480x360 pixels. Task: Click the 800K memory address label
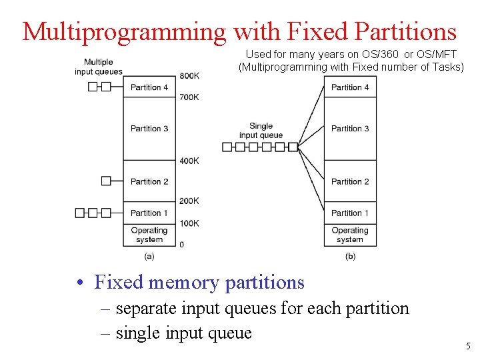(189, 75)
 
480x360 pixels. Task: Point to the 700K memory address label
(189, 97)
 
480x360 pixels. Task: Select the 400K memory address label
(189, 161)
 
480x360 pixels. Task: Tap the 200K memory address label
(189, 201)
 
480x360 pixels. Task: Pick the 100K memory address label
(189, 223)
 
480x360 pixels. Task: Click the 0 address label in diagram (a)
(181, 245)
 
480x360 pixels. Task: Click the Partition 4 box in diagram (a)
(149, 87)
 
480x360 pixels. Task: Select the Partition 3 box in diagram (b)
(350, 129)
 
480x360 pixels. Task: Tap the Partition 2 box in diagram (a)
(149, 181)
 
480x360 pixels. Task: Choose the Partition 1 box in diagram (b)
(350, 213)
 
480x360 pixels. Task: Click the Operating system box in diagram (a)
(149, 235)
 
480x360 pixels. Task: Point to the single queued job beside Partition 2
(106, 181)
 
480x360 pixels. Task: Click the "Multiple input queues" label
(99, 67)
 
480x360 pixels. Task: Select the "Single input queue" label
(261, 131)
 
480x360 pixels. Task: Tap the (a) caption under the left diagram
(149, 256)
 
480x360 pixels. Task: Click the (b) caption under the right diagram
(350, 256)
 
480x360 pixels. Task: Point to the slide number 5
(468, 346)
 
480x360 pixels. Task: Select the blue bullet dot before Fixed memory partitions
(80, 283)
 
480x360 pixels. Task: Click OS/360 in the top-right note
(380, 55)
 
